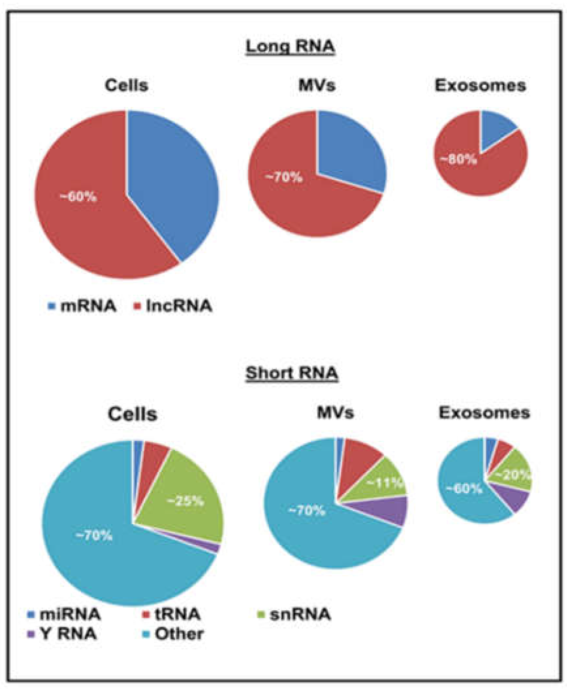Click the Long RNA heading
[x=291, y=47]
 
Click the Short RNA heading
[x=292, y=373]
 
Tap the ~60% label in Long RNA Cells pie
[x=79, y=197]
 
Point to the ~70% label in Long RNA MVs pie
[x=284, y=178]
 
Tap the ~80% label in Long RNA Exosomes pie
[x=459, y=160]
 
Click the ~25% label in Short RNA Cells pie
[x=185, y=501]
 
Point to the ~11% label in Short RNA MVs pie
[x=385, y=483]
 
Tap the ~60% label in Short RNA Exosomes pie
[x=464, y=489]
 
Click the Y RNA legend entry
[x=63, y=634]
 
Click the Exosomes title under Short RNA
[x=484, y=413]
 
